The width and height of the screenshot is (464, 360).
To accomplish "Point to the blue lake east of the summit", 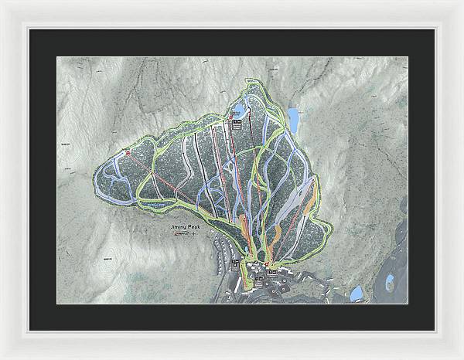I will (294, 117).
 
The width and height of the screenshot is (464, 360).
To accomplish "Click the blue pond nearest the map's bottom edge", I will (356, 294).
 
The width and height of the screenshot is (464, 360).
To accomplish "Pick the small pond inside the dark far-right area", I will (390, 279).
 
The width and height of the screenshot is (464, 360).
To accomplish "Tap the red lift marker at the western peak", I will (127, 154).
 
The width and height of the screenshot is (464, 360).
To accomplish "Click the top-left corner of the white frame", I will (2, 2).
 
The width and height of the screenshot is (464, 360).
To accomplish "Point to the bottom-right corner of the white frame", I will (462, 358).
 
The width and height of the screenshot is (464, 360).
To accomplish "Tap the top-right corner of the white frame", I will (462, 2).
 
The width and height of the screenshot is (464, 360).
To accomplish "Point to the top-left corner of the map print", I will (57, 56).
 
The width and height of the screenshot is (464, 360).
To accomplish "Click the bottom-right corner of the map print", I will (408, 304).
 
